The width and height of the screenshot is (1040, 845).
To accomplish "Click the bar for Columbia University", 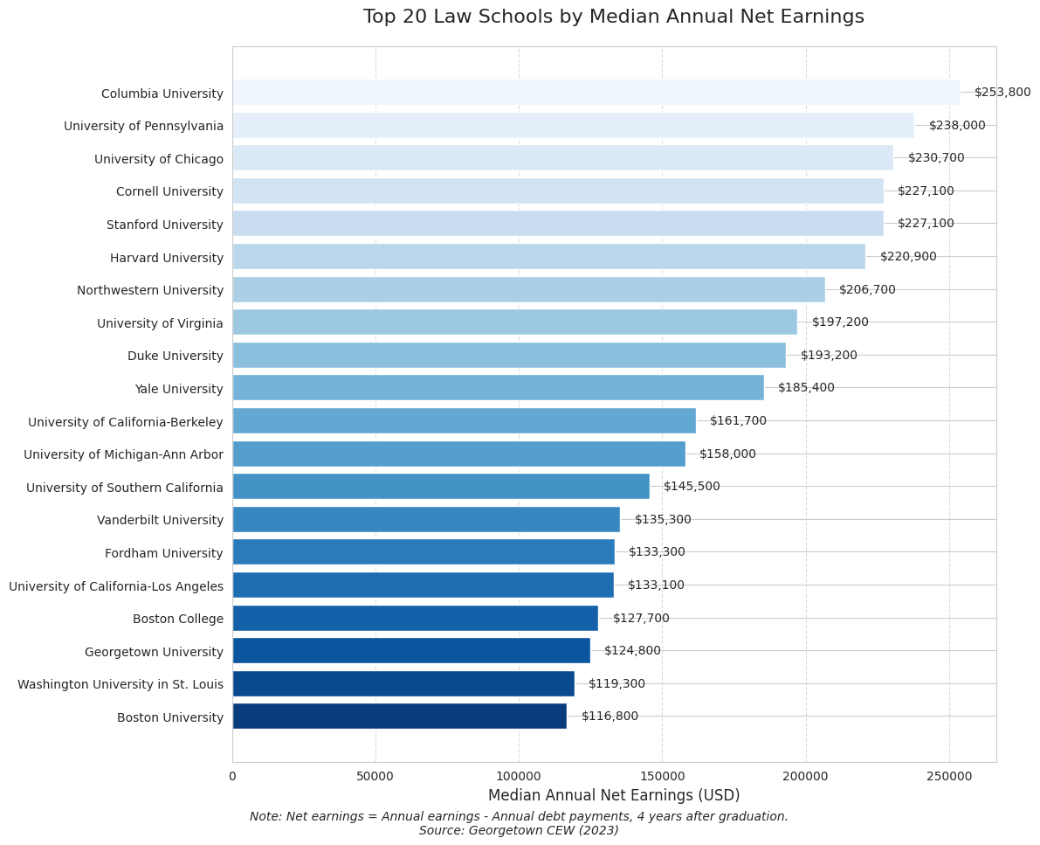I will [x=596, y=93].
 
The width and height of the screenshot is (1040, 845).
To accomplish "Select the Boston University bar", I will [x=399, y=717].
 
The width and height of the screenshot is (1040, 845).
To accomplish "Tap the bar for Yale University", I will [x=498, y=388].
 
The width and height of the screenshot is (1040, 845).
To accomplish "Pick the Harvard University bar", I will [x=548, y=257].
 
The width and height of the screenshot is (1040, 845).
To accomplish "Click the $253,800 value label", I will [x=1002, y=93].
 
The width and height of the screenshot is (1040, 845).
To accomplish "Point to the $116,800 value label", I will [x=610, y=717].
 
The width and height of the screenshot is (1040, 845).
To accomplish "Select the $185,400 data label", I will [x=806, y=388].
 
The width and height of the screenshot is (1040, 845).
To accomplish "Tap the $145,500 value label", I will [x=692, y=487].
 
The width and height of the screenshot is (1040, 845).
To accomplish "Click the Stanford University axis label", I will [x=165, y=225].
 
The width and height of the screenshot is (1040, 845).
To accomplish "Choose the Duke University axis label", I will [x=176, y=356].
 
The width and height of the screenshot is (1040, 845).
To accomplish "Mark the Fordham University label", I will [x=164, y=553].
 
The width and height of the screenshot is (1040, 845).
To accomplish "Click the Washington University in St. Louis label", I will [x=121, y=684].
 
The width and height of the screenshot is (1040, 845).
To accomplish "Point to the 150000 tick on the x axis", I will [x=662, y=775].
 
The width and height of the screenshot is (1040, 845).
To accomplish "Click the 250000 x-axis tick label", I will [x=949, y=775].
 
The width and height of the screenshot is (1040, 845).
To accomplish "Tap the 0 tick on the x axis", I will [x=232, y=775].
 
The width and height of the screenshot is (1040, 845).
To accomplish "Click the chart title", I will [x=613, y=17].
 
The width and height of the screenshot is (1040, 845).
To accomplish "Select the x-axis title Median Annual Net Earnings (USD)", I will [x=613, y=795].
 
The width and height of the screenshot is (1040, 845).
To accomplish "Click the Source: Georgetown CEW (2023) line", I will [x=519, y=831].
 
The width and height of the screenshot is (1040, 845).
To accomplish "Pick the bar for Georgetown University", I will [x=411, y=651].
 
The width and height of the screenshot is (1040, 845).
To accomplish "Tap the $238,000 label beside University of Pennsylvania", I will [x=957, y=126].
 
